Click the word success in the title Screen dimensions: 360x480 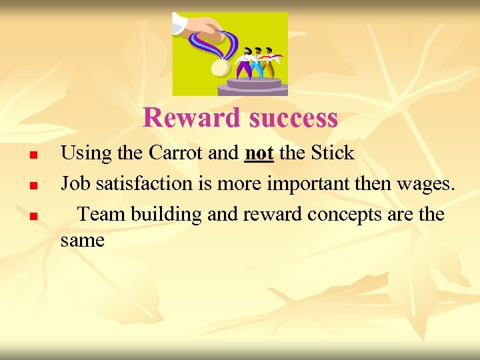tap(293, 119)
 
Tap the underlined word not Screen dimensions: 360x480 tap(259, 153)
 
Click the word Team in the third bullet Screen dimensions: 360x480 tap(101, 214)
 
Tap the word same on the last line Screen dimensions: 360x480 tap(82, 240)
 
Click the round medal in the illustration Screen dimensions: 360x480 tap(219, 67)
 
